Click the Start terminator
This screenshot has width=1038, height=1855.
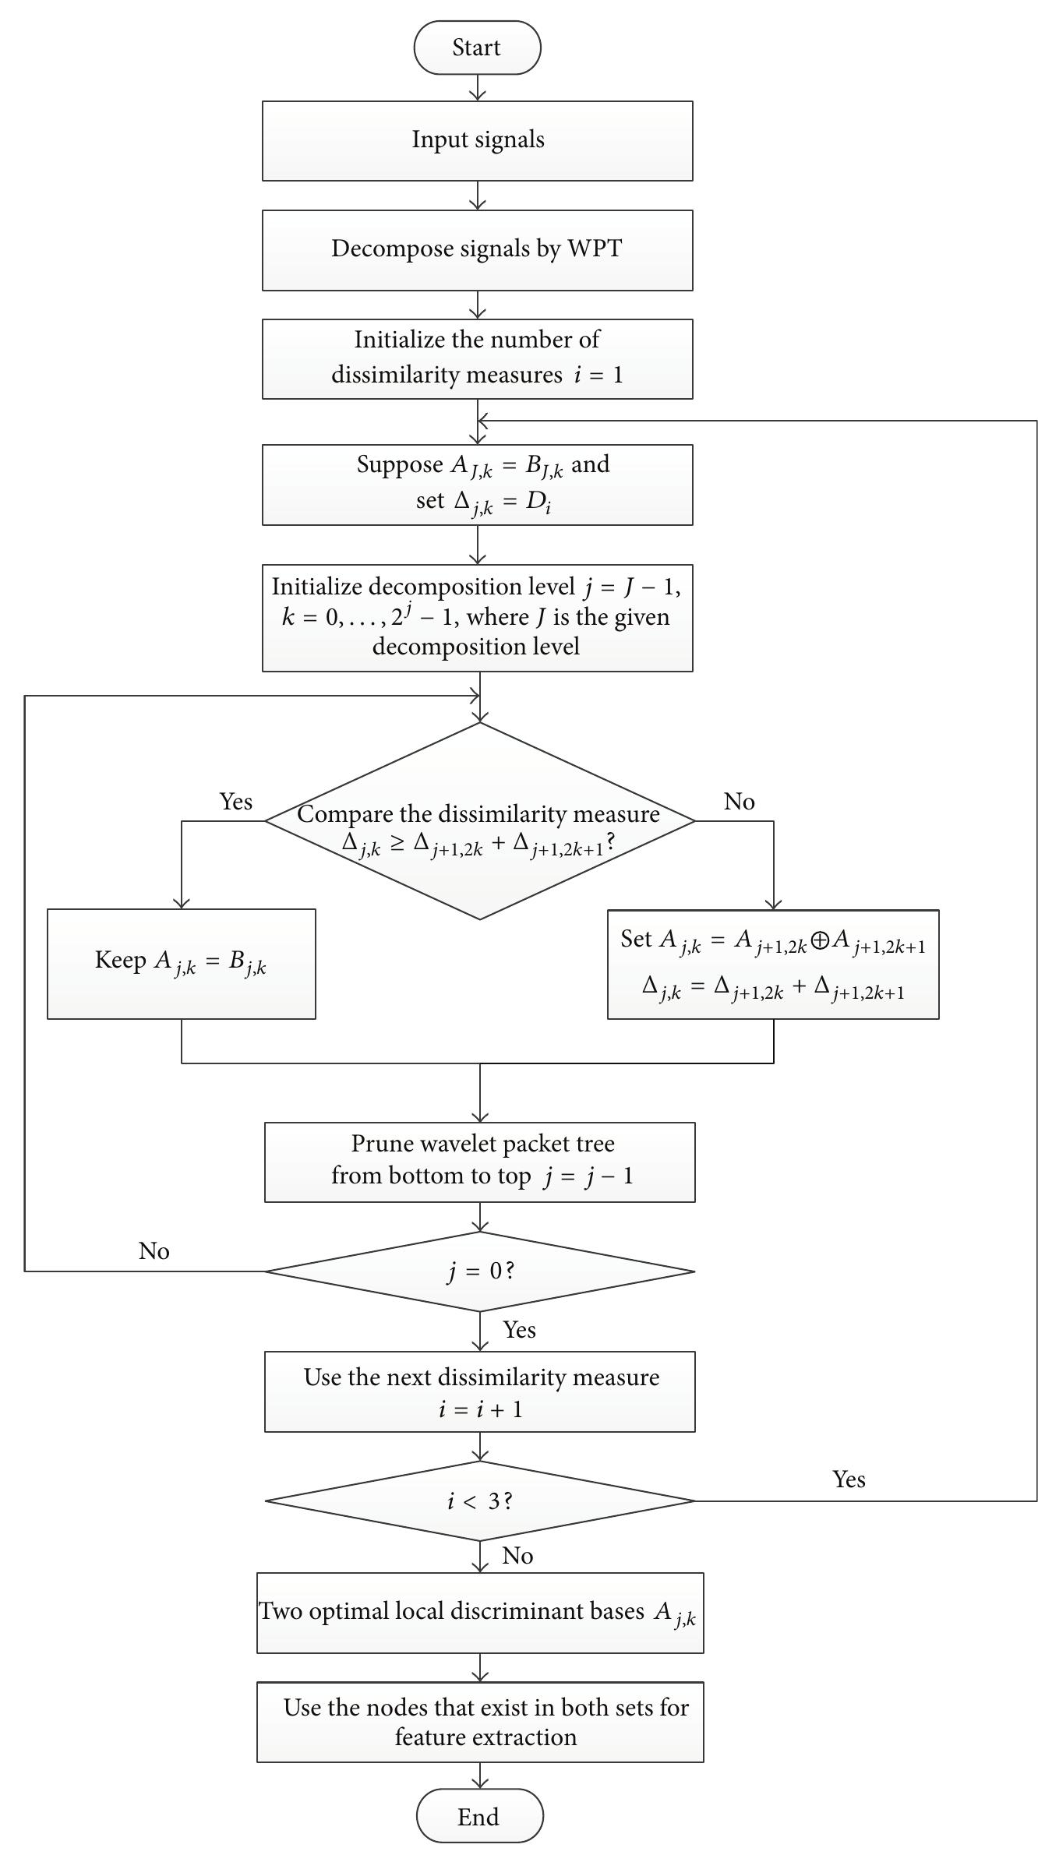477,48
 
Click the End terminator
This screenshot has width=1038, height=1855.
478,1816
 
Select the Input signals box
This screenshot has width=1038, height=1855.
477,140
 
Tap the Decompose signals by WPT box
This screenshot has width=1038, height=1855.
477,249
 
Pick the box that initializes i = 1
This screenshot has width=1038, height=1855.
477,358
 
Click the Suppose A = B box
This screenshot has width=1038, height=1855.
477,484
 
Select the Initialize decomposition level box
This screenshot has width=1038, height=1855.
477,617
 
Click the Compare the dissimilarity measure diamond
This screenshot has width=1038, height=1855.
479,821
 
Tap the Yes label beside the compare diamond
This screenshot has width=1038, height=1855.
235,801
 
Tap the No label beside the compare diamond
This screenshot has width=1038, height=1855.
739,801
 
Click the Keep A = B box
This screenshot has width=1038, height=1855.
181,963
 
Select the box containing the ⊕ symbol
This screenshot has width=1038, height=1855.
772,964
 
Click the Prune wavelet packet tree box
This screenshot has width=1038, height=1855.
479,1162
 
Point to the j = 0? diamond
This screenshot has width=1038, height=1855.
479,1271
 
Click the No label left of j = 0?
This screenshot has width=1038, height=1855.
154,1250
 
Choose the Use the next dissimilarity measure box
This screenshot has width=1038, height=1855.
479,1391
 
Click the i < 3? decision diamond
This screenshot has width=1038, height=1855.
479,1501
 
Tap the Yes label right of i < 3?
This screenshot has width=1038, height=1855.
849,1479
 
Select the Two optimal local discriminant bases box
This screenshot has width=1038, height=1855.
479,1613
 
